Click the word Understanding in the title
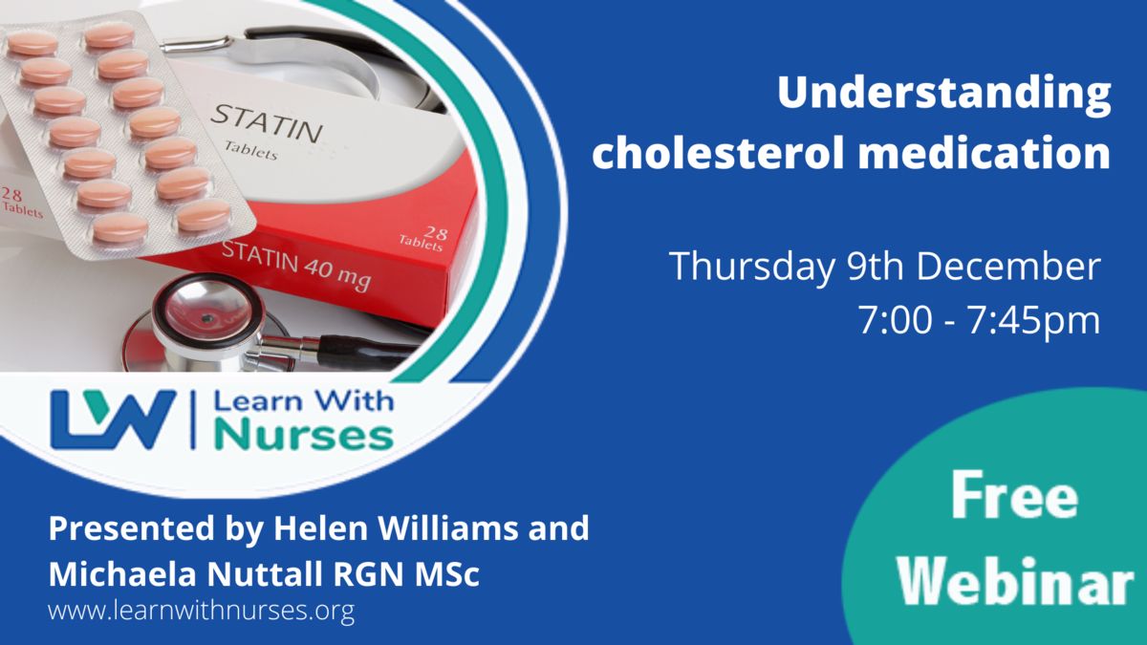(x=943, y=95)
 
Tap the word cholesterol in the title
(x=718, y=153)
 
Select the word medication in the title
(x=984, y=153)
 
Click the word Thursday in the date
(x=751, y=267)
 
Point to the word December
(x=1007, y=266)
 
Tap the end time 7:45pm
(x=1033, y=320)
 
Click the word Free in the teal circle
(x=1014, y=495)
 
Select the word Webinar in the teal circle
(x=1015, y=581)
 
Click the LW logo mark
(x=113, y=419)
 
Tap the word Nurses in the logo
(x=304, y=435)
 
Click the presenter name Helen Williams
(x=396, y=528)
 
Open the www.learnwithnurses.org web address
(x=202, y=611)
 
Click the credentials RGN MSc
(x=406, y=574)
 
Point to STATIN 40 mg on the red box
(x=296, y=266)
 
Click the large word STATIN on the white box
(x=267, y=123)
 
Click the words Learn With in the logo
(x=304, y=400)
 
